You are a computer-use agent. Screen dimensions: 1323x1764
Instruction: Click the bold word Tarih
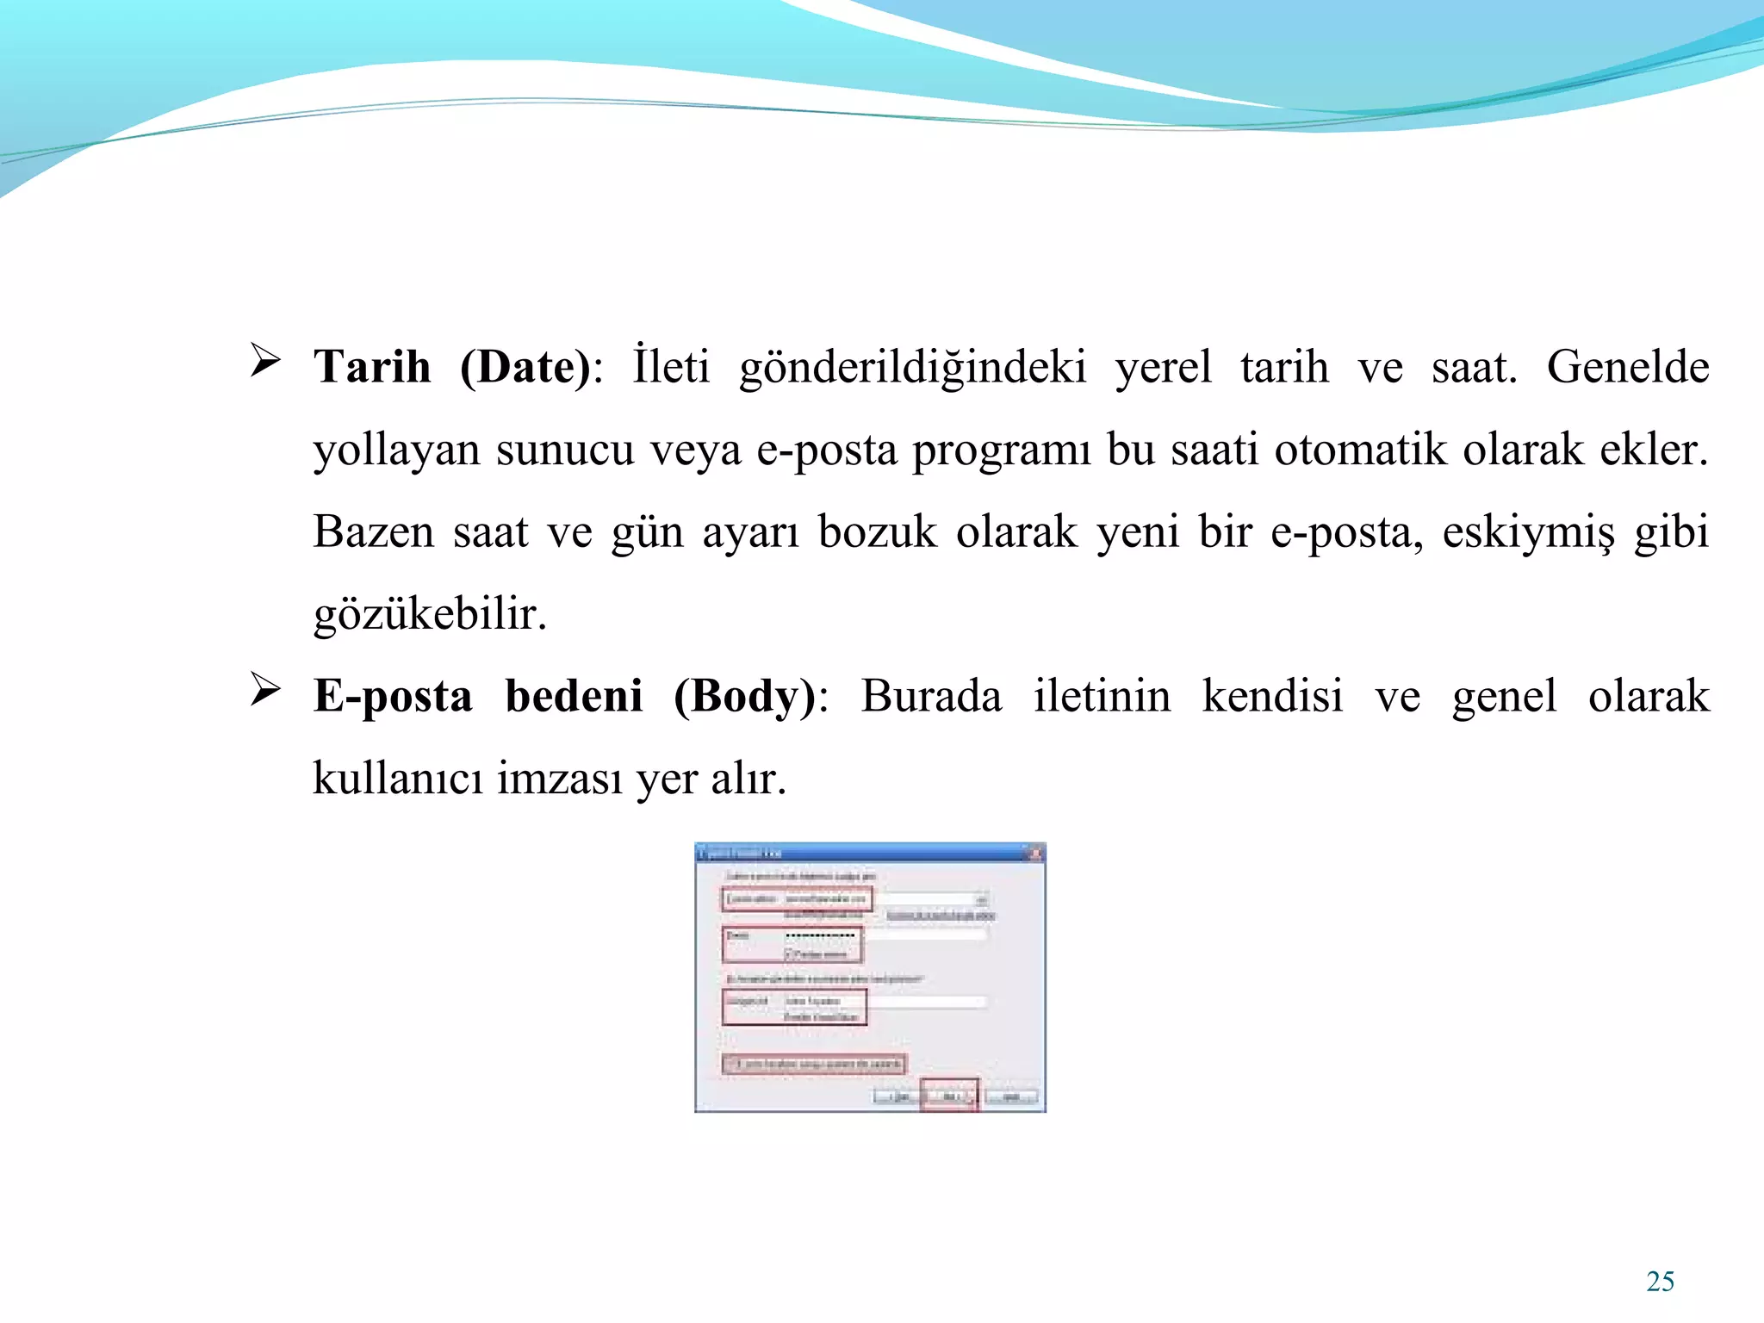372,367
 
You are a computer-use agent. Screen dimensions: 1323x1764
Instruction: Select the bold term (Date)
526,367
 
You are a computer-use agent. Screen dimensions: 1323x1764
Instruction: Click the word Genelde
1627,367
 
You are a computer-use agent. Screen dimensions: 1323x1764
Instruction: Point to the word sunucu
564,450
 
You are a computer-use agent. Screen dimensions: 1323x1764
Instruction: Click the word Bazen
373,531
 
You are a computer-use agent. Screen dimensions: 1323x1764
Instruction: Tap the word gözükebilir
428,614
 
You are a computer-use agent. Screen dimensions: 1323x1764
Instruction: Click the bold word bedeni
574,696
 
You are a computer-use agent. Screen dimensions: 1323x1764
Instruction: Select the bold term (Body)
745,696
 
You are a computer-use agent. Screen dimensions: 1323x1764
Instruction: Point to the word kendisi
1272,696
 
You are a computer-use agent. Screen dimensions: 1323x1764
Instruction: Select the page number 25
1660,1282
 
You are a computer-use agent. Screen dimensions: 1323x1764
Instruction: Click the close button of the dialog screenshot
1035,854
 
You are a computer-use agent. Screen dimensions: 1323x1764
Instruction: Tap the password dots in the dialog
820,935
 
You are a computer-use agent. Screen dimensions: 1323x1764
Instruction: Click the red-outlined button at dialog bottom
950,1096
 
